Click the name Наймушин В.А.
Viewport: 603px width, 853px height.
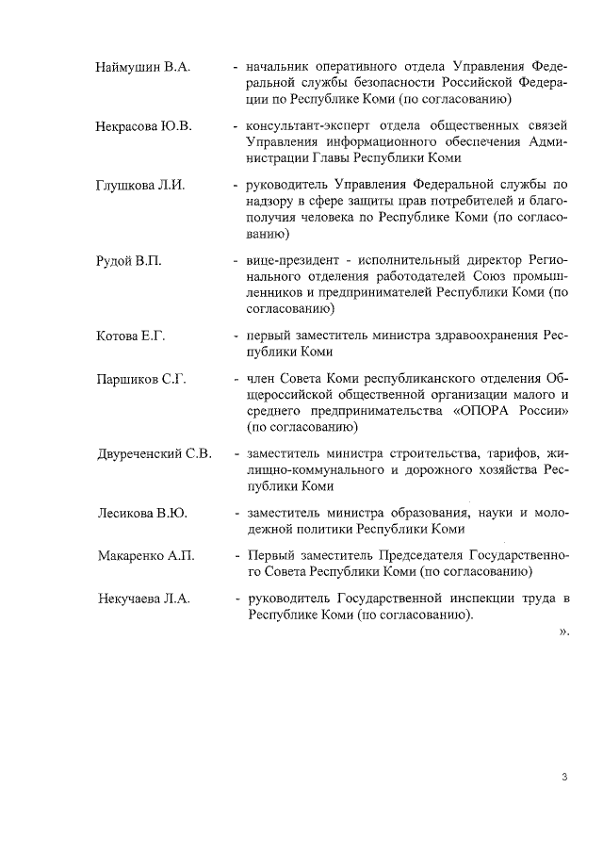pyautogui.click(x=143, y=69)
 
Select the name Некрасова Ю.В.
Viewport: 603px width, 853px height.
pyautogui.click(x=143, y=126)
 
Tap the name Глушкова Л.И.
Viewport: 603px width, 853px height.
pyautogui.click(x=140, y=185)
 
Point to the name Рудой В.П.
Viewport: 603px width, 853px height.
pyautogui.click(x=129, y=260)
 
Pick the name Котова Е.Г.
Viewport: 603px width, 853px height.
pyautogui.click(x=131, y=336)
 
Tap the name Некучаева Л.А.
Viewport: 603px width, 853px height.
pyautogui.click(x=143, y=599)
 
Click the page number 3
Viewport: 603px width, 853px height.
pyautogui.click(x=563, y=777)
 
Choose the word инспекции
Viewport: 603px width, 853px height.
pyautogui.click(x=476, y=599)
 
